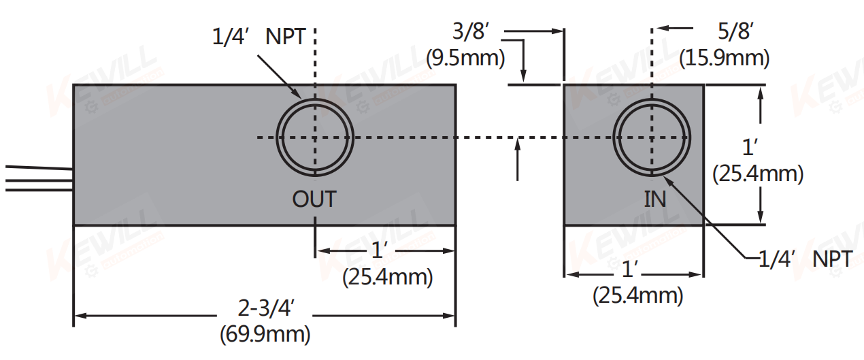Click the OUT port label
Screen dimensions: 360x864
(314, 199)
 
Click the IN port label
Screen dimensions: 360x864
(655, 199)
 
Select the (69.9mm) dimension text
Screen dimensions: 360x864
(265, 334)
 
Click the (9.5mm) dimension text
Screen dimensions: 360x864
(465, 58)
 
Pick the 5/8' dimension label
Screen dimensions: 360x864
(735, 32)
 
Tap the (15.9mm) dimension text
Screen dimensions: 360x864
(725, 58)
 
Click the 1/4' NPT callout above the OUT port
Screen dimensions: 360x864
(259, 37)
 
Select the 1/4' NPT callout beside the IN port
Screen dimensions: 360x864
(805, 259)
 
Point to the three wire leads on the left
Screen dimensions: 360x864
(37, 178)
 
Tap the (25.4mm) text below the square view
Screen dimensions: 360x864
(638, 295)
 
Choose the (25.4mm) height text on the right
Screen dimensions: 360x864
(758, 174)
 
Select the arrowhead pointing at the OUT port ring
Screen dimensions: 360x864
(298, 95)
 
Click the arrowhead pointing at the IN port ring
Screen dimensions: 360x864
(670, 182)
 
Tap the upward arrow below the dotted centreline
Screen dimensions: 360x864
(518, 143)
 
